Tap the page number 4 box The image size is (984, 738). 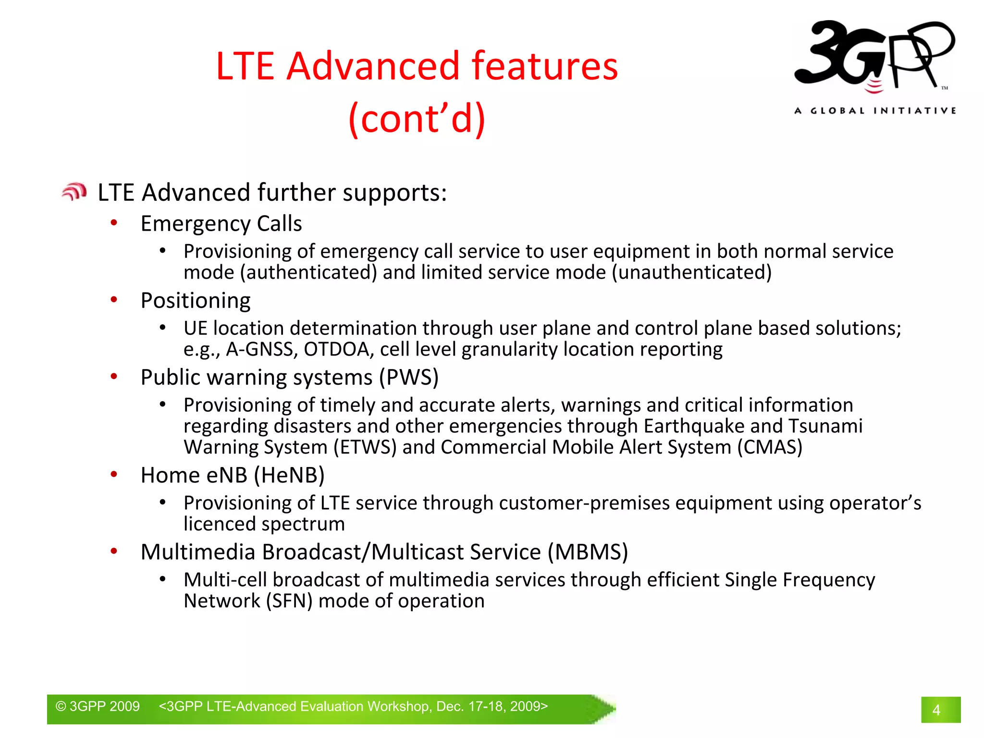point(940,710)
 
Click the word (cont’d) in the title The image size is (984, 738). point(417,118)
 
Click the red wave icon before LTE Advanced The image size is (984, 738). point(74,192)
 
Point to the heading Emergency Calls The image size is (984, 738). point(221,223)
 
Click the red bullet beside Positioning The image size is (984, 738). point(114,300)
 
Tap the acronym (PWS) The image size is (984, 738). point(408,377)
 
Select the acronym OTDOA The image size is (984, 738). point(338,349)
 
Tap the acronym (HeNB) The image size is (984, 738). point(289,475)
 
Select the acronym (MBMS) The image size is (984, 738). point(588,552)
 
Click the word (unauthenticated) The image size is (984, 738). point(691,272)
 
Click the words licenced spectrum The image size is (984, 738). point(264,524)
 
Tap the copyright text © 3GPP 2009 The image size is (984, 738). point(98,706)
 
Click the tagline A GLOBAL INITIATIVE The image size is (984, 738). point(875,111)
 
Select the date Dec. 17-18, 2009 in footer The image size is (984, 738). point(489,706)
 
